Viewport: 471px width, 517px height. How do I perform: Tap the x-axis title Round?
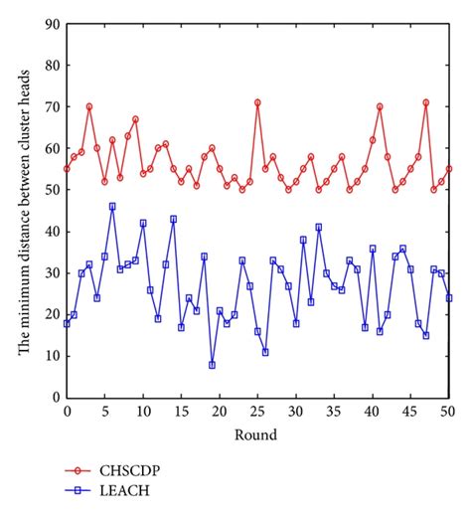click(x=258, y=433)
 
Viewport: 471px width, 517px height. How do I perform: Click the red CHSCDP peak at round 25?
click(x=257, y=102)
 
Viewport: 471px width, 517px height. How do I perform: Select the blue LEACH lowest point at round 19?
click(x=212, y=365)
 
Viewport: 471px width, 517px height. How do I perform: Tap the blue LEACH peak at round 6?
click(x=112, y=207)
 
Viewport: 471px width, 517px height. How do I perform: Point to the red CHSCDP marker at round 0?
click(x=67, y=169)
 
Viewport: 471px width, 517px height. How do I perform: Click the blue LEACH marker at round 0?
click(x=67, y=323)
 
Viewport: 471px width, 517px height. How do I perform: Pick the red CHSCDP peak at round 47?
click(x=426, y=102)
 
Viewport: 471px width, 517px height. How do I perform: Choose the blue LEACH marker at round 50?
click(x=449, y=298)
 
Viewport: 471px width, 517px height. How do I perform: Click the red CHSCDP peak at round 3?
click(x=89, y=106)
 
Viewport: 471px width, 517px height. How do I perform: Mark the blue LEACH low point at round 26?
click(x=265, y=352)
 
